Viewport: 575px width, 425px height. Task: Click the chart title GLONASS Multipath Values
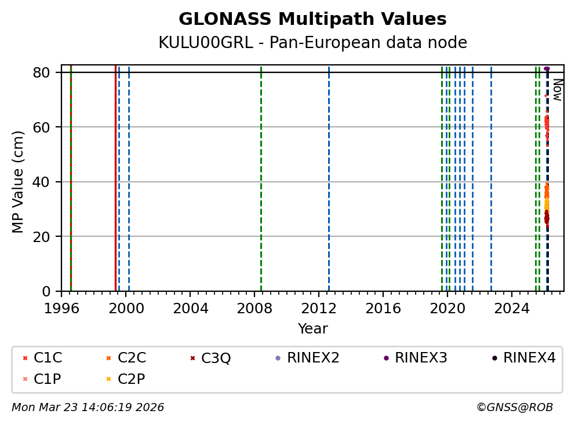(x=312, y=19)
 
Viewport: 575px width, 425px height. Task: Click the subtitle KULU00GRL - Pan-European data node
(x=312, y=43)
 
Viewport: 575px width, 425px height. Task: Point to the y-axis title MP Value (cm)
(x=19, y=182)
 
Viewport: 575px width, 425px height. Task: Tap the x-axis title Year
(x=312, y=329)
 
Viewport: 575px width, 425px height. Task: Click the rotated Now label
(x=557, y=90)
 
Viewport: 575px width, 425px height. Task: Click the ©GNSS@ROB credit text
(x=514, y=408)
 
